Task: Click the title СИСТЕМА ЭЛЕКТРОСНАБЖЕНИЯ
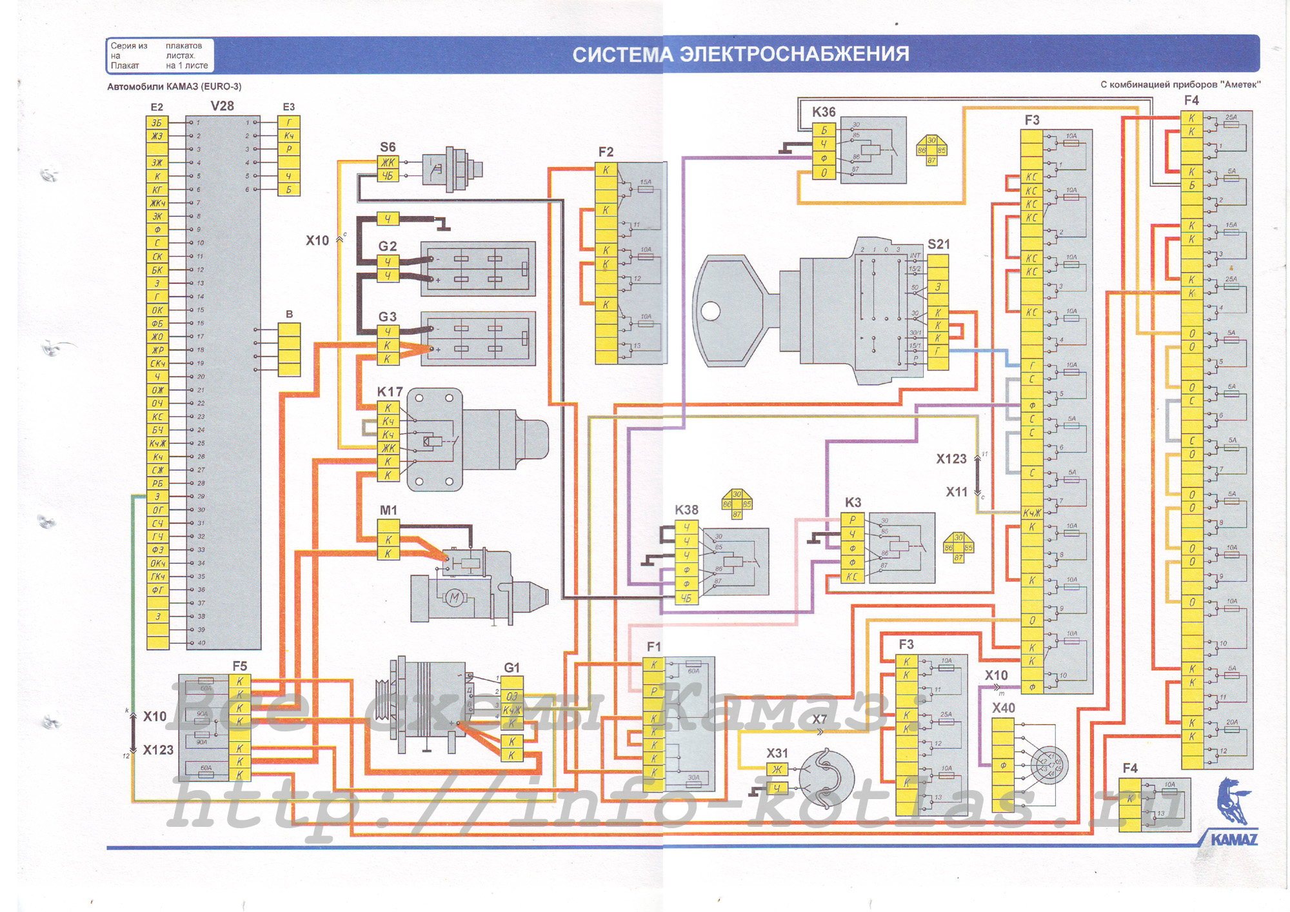tap(740, 54)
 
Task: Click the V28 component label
tap(222, 106)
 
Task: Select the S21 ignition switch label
tap(938, 244)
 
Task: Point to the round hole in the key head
tap(710, 312)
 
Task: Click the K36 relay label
tap(824, 112)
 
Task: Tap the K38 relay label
tap(686, 510)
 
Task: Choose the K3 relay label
tap(853, 502)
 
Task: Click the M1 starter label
tap(388, 510)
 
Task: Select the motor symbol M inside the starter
tap(454, 598)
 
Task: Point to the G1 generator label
tap(511, 668)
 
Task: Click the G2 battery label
tap(387, 246)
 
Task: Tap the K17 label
tap(390, 392)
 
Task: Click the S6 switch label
tap(388, 147)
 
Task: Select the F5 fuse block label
tap(239, 666)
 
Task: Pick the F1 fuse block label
tap(653, 646)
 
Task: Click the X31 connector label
tap(777, 753)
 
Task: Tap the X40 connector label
tap(1004, 708)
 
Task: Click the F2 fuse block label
tap(606, 152)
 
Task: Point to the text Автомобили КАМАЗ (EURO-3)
tap(174, 86)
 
